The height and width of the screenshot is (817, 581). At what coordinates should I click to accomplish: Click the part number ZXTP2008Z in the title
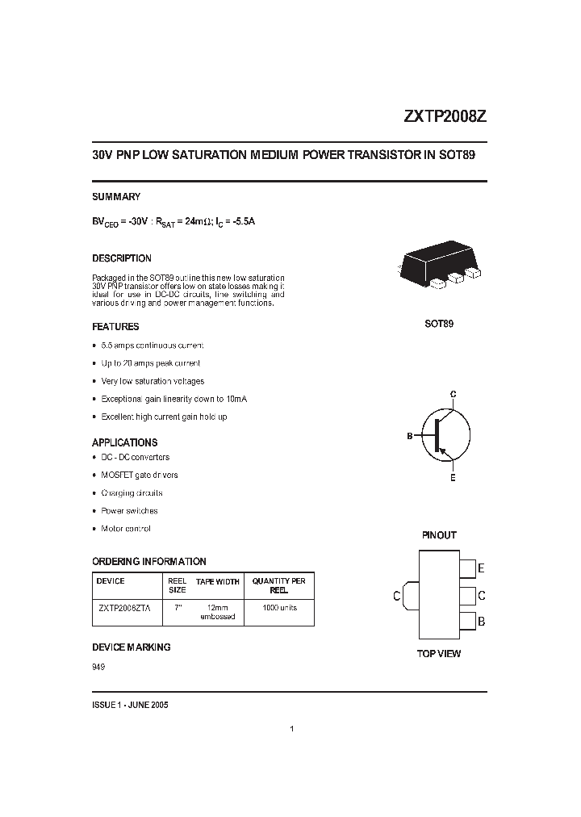tap(445, 115)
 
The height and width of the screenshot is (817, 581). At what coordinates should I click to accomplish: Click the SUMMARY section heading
tap(116, 197)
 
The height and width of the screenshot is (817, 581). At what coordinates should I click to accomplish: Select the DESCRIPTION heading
tap(122, 259)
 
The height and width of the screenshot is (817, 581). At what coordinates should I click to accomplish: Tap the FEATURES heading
tap(115, 327)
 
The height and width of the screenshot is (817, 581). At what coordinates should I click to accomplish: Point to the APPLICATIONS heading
tap(124, 442)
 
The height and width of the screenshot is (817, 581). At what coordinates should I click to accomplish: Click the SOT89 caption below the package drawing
tap(439, 324)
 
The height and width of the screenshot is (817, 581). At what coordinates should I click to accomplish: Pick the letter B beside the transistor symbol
tap(410, 436)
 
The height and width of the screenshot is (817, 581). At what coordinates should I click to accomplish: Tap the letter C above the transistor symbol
tap(454, 393)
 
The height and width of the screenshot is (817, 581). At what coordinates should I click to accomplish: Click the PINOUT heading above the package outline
tap(439, 535)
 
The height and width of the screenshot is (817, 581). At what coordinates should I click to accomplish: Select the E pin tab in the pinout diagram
tap(467, 568)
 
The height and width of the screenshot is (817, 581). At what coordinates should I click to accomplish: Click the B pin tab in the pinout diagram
tap(467, 622)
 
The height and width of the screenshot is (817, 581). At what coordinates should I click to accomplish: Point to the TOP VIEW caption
tap(439, 653)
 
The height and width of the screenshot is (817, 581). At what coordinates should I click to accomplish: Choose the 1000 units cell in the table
tap(279, 608)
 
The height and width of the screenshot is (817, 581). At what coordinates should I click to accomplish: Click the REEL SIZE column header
tap(177, 584)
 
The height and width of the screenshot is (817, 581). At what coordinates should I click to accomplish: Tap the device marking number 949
tap(98, 667)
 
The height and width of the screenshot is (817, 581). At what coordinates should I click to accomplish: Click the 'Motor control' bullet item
tap(125, 529)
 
